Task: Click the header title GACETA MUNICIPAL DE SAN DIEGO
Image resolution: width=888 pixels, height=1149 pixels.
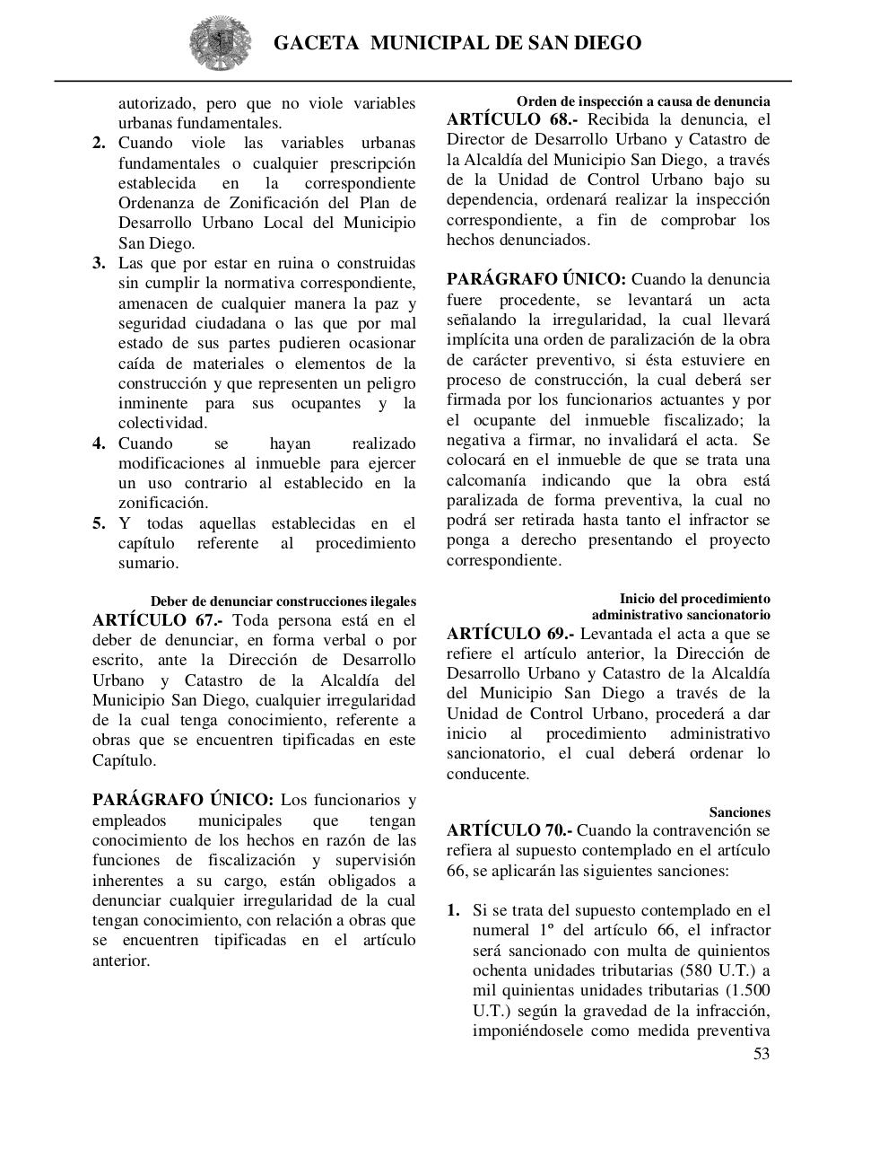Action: (457, 43)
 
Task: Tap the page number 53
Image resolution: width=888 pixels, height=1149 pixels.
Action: (761, 1053)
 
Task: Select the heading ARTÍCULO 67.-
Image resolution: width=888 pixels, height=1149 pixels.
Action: (158, 620)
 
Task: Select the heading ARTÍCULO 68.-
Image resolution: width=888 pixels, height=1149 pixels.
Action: (512, 119)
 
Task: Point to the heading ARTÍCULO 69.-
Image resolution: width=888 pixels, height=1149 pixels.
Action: (510, 634)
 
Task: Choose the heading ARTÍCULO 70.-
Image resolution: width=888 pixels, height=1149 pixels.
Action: (509, 830)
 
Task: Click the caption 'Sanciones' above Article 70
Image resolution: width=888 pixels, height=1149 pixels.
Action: (739, 811)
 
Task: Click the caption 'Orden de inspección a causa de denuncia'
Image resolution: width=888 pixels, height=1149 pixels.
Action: (642, 101)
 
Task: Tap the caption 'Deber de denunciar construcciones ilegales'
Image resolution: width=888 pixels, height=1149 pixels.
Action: (283, 601)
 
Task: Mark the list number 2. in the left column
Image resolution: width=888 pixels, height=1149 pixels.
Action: (100, 144)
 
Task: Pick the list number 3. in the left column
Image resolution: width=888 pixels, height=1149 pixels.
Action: (100, 263)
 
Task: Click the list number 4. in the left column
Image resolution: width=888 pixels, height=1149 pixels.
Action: (100, 443)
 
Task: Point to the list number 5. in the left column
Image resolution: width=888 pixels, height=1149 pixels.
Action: (100, 523)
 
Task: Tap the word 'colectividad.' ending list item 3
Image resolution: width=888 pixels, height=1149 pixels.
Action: (162, 423)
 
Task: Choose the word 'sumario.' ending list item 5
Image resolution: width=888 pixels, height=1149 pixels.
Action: (148, 563)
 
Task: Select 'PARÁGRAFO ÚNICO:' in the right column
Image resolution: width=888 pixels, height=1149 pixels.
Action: (536, 279)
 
